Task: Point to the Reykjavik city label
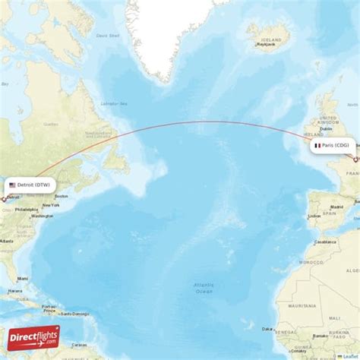pyautogui.click(x=264, y=45)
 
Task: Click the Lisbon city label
pyautogui.click(x=314, y=216)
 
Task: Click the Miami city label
pyautogui.click(x=23, y=278)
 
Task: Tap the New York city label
pyautogui.click(x=51, y=205)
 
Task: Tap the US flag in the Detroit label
pyautogui.click(x=12, y=185)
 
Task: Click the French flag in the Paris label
pyautogui.click(x=317, y=145)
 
